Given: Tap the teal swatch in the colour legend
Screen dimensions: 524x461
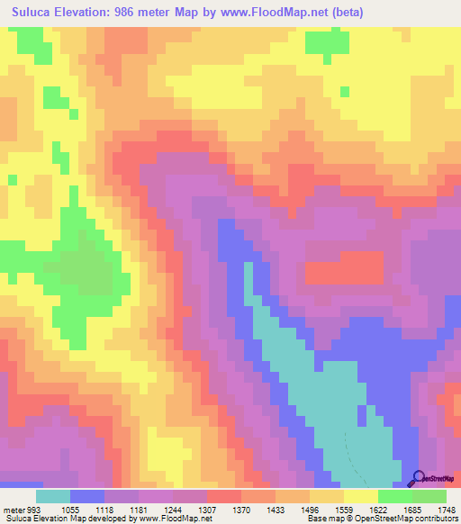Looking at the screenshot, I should point(53,495).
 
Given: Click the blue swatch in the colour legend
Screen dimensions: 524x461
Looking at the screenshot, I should point(87,495).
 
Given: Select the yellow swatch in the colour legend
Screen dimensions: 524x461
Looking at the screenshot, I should point(361,495).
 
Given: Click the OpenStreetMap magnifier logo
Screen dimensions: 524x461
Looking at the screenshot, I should point(417,477).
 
